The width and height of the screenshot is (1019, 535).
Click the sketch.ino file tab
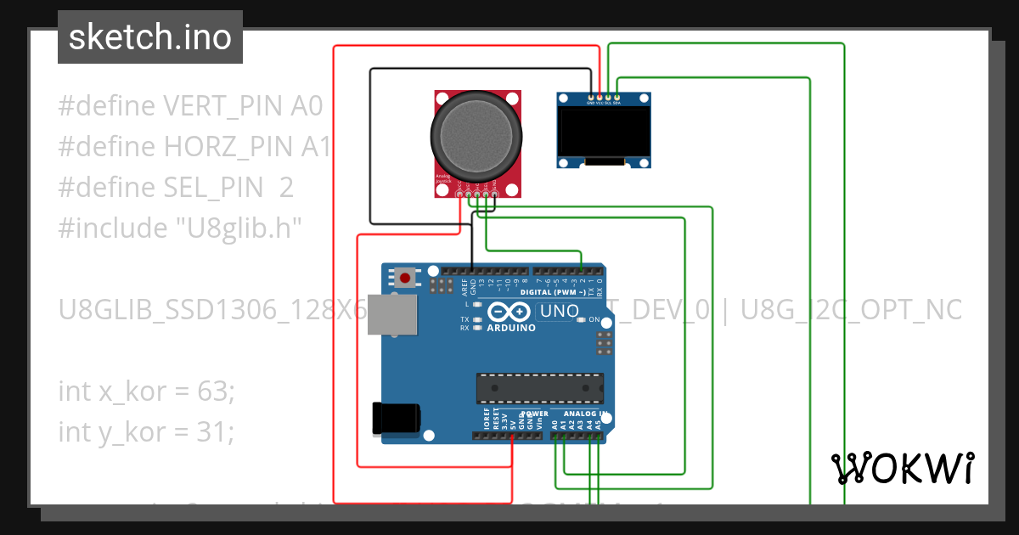(150, 37)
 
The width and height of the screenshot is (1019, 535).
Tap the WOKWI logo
(902, 468)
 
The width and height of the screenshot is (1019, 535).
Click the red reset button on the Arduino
(406, 278)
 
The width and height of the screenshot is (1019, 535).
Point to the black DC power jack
(396, 418)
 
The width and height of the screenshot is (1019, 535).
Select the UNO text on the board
(559, 312)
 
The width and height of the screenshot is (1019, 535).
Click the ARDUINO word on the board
(511, 328)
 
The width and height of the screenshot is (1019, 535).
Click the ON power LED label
(594, 320)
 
